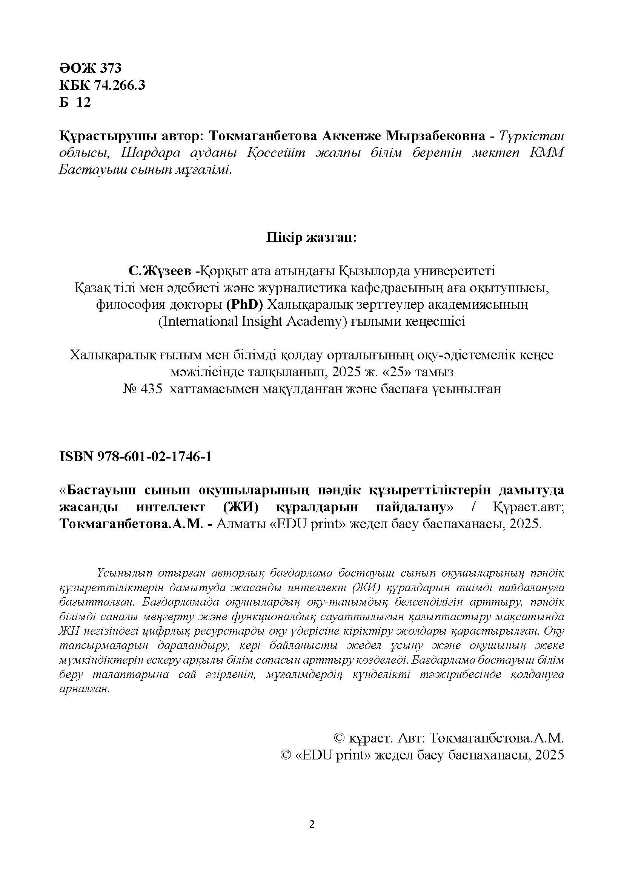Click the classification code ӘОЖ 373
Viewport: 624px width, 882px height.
[90, 68]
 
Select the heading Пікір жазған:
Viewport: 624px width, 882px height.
[312, 238]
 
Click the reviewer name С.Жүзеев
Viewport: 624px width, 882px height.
[160, 271]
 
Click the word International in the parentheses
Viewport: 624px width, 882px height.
[198, 321]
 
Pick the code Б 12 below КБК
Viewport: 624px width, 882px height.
[75, 102]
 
